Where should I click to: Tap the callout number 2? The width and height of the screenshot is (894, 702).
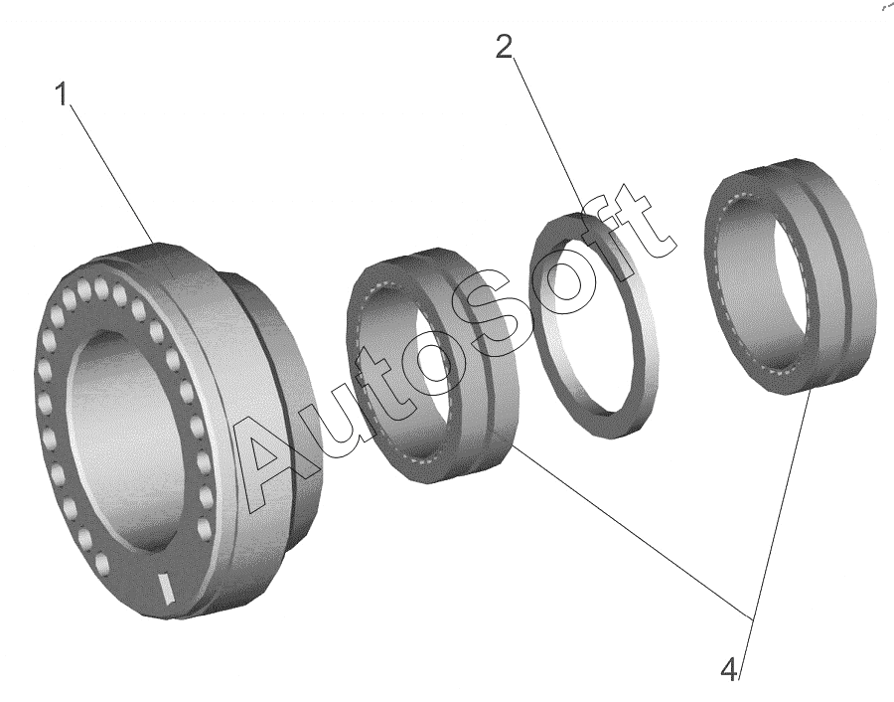pos(504,47)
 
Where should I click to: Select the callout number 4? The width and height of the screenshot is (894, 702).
pos(729,669)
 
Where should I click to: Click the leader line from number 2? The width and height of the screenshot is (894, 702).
pos(547,136)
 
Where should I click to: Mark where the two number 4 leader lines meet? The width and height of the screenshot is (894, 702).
pos(752,619)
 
